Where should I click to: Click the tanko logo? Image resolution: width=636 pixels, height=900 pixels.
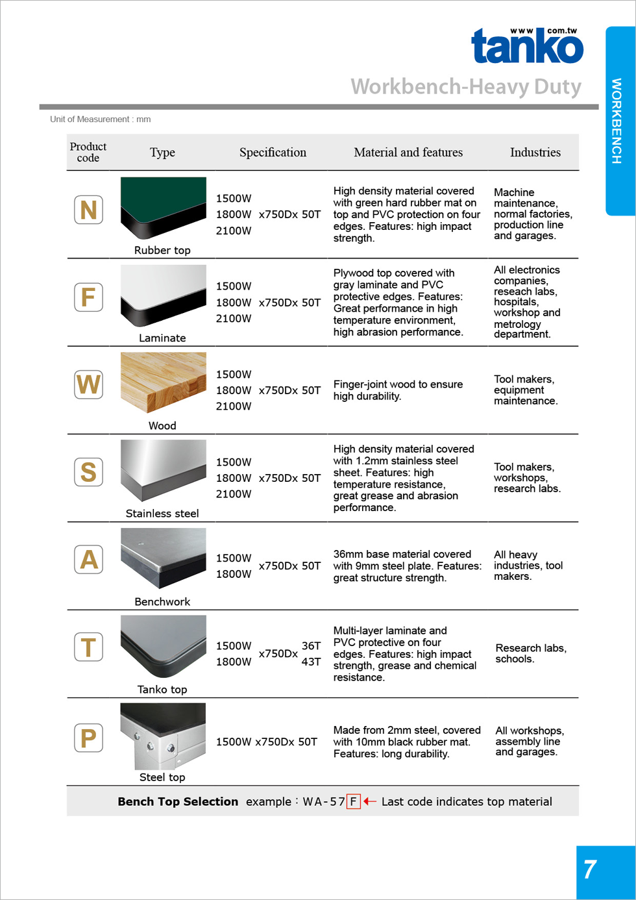527,47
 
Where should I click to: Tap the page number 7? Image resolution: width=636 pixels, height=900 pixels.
589,869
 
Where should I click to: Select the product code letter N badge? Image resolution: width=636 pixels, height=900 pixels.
88,210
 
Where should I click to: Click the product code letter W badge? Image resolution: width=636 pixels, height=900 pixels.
88,384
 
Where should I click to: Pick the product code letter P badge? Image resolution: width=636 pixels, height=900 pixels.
88,738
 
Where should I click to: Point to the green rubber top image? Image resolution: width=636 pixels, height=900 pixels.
163,207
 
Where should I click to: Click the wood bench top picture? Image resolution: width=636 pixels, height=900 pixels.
163,382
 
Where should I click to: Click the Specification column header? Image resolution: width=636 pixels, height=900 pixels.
273,153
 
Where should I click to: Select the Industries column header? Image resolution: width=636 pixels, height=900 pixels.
535,153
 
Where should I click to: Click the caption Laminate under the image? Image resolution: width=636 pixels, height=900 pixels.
162,338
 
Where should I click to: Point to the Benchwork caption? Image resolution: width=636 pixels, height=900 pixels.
162,602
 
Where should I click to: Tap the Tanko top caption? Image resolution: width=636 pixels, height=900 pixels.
162,690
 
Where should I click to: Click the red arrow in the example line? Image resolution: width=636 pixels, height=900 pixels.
370,801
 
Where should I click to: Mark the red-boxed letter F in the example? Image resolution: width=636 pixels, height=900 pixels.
353,801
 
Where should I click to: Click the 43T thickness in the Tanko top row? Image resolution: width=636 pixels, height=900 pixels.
311,662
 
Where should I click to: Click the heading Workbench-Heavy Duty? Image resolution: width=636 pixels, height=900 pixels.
465,86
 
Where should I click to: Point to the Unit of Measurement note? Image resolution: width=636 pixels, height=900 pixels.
101,119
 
